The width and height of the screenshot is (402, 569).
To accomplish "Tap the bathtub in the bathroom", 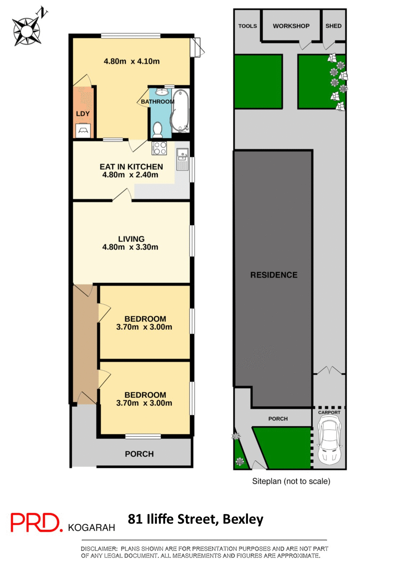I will (180, 111).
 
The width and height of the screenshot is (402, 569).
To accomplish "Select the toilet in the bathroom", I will (157, 129).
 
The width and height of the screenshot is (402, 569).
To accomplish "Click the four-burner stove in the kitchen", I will (159, 148).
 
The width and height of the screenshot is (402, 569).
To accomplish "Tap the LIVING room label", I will (131, 239).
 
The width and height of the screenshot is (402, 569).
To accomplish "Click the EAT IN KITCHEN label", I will (131, 167).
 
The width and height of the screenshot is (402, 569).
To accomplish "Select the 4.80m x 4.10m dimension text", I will (132, 61).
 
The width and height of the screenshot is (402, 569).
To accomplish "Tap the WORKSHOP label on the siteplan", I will (291, 26).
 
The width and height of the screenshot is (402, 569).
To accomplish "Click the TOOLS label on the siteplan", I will (248, 26).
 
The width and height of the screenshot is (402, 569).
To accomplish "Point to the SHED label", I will (333, 26).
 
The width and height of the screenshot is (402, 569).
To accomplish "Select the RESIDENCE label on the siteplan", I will (274, 275).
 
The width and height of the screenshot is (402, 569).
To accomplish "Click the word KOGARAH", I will (91, 528).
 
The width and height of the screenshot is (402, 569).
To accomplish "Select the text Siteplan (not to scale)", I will (291, 481).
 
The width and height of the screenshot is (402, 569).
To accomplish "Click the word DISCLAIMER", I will (99, 549).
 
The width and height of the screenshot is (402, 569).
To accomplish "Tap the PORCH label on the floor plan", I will (139, 454).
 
